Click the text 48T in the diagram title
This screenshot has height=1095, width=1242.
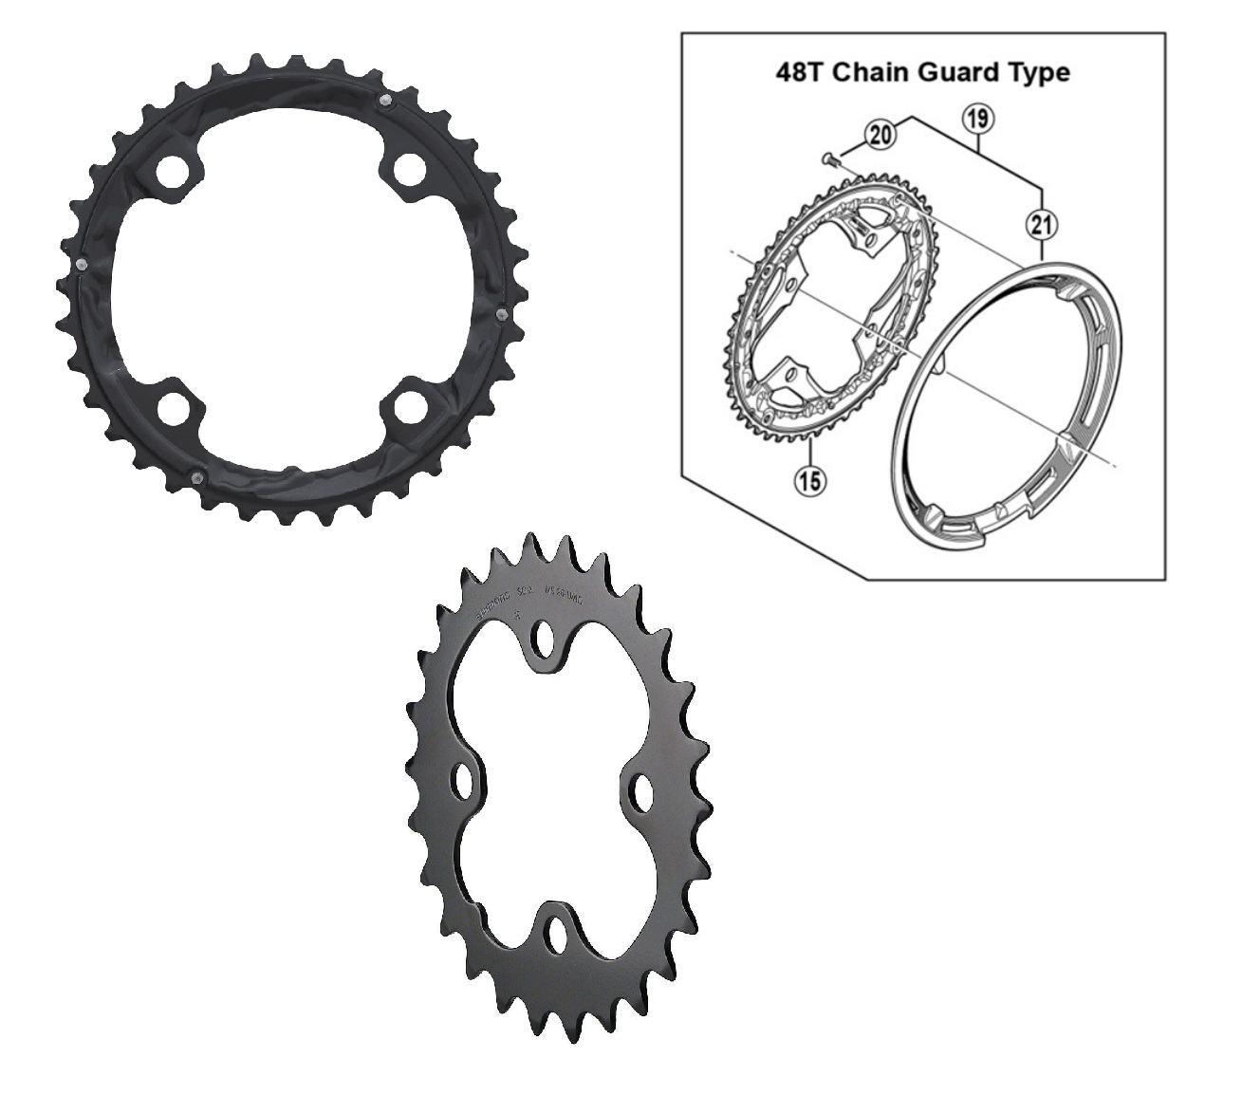pyautogui.click(x=801, y=72)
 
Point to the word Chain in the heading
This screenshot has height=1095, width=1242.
pyautogui.click(x=870, y=72)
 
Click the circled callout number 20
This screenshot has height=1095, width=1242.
pyautogui.click(x=881, y=135)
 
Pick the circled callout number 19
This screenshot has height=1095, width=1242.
pyautogui.click(x=977, y=120)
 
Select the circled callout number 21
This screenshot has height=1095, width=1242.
pyautogui.click(x=1041, y=225)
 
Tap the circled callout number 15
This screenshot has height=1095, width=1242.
pyautogui.click(x=811, y=480)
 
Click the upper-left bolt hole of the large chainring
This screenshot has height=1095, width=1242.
pyautogui.click(x=172, y=170)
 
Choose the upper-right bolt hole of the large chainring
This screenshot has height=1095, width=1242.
pyautogui.click(x=409, y=169)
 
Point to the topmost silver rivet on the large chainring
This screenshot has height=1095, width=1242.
pyautogui.click(x=383, y=99)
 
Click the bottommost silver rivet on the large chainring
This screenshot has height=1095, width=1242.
pyautogui.click(x=195, y=477)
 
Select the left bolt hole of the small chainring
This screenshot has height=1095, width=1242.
pyautogui.click(x=465, y=780)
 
